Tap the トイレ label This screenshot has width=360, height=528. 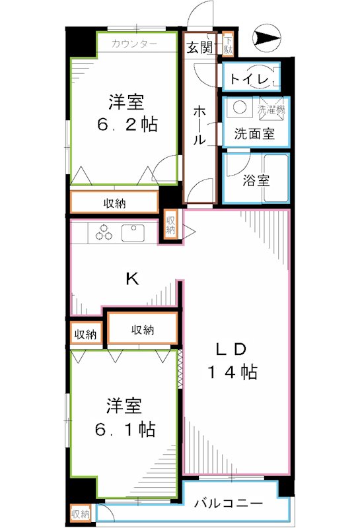[250, 80]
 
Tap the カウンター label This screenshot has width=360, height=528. [134, 44]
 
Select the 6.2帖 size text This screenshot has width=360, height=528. [127, 124]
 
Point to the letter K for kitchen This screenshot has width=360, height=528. [132, 279]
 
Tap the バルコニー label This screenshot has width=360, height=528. [229, 504]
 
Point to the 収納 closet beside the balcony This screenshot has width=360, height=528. [81, 513]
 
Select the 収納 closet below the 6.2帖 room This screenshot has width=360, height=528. [115, 203]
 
